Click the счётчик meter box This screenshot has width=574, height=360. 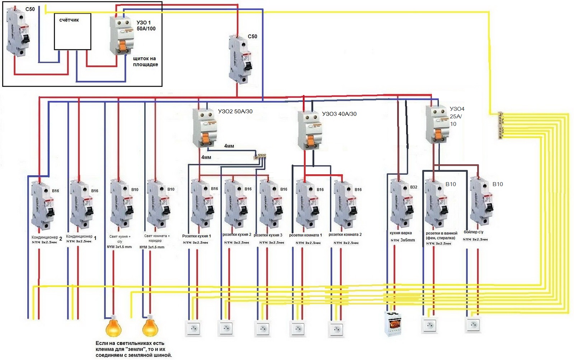(72, 32)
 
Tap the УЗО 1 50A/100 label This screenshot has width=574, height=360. (146, 25)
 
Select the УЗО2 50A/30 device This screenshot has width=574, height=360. (205, 127)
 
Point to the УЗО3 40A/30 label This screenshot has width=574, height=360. (339, 114)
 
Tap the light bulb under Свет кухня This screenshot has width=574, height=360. (113, 326)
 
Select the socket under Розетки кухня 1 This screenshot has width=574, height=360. (193, 328)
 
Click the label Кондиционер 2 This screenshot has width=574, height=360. (47, 238)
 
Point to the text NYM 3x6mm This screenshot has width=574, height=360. (403, 240)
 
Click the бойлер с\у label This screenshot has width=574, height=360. (474, 232)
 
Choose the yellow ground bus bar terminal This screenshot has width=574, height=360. (501, 125)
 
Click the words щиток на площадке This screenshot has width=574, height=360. (145, 61)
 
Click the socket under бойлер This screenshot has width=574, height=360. (473, 325)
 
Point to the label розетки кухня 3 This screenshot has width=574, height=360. (268, 235)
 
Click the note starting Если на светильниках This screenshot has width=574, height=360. (133, 349)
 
